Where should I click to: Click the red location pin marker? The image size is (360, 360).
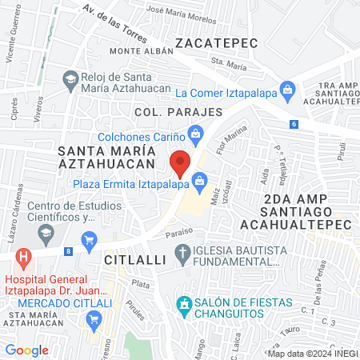coord(181,163)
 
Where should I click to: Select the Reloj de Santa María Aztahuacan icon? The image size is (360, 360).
coord(70,79)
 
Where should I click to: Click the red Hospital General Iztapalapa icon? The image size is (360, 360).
coord(24,258)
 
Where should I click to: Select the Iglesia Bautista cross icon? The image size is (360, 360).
coord(183,254)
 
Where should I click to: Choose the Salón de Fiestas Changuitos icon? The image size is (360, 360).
coord(185,304)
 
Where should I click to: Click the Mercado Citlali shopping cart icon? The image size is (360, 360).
coord(95,320)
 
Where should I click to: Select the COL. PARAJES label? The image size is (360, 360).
coord(178,112)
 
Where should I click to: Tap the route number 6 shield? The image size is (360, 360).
coord(294,124)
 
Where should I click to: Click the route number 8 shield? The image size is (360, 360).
coord(69,252)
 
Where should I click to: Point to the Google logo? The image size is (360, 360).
coord(26,350)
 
